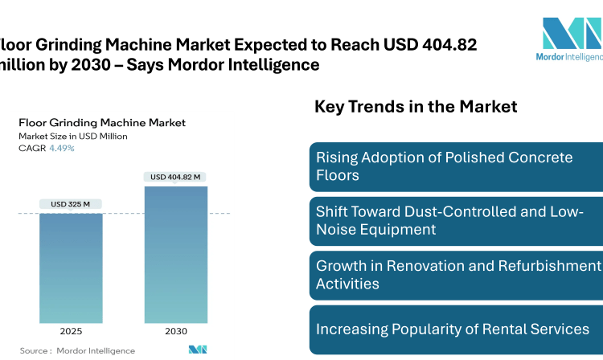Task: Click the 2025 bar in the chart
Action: click(x=71, y=267)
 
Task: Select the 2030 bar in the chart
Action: click(x=175, y=254)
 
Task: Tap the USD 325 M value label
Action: click(x=71, y=204)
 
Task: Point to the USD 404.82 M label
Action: click(x=175, y=177)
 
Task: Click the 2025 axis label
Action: click(x=71, y=331)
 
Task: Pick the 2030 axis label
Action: click(x=175, y=331)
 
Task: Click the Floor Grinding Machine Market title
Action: click(x=102, y=123)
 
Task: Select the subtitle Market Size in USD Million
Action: click(x=73, y=136)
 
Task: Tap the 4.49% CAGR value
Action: click(x=62, y=148)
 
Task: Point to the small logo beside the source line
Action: click(x=198, y=350)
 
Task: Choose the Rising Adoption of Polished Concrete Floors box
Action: click(x=455, y=166)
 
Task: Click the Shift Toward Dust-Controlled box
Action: click(x=455, y=221)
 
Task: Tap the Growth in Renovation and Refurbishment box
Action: click(x=455, y=275)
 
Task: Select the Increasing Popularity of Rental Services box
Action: click(x=455, y=329)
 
